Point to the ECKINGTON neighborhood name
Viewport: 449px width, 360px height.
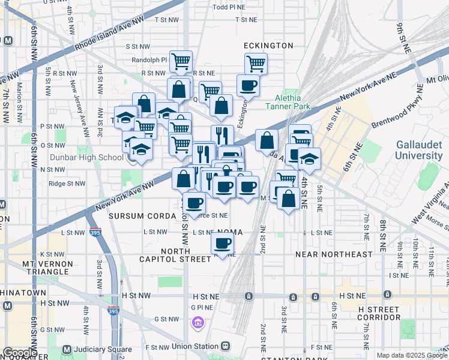coord(268,46)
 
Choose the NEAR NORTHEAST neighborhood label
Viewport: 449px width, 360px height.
coord(334,254)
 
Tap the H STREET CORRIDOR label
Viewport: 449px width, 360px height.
coord(379,313)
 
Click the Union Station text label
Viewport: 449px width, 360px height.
coord(193,346)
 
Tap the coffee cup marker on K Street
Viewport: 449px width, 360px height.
coord(223,244)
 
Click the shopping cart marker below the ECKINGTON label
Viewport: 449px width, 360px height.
coord(256,63)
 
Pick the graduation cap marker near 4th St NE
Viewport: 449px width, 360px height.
coord(309,158)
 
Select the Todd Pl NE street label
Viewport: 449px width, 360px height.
coord(230,8)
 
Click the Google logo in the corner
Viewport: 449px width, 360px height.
coord(19,353)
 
